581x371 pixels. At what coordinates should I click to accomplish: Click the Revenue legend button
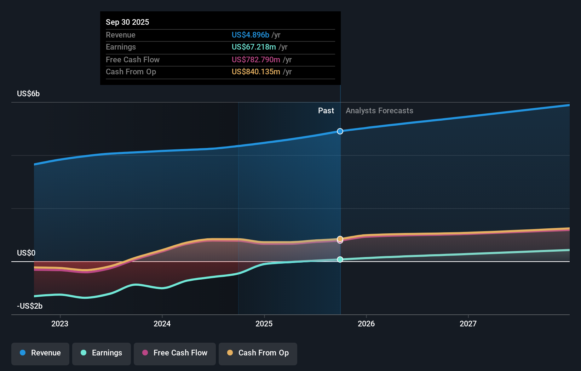pos(40,353)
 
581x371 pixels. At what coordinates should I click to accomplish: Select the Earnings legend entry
pos(102,353)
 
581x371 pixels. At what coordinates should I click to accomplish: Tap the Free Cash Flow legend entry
pos(175,353)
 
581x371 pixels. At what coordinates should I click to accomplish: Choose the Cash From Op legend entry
pos(258,353)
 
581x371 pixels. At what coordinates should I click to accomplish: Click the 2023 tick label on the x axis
pos(60,324)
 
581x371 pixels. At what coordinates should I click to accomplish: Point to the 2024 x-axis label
pos(162,324)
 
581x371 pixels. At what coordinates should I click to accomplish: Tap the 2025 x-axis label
pos(264,324)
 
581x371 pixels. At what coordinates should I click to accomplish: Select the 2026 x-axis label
pos(366,324)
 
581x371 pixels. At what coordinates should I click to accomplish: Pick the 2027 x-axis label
pos(468,324)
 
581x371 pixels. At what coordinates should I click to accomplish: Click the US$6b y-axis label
pos(28,94)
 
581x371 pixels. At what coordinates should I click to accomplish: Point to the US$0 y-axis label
pos(26,253)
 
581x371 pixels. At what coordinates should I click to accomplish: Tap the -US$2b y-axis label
pos(30,306)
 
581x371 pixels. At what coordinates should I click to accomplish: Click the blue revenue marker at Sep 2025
pos(340,131)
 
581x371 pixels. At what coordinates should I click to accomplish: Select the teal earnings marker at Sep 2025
pos(340,259)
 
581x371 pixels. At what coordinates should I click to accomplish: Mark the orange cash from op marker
pos(340,239)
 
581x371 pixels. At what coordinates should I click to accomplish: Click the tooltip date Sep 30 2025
pos(127,22)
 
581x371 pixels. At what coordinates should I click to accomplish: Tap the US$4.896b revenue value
pos(250,35)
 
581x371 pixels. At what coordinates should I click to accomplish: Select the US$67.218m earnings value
pos(254,47)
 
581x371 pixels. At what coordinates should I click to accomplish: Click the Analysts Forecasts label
pos(379,111)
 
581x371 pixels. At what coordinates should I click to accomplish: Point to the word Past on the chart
pos(326,111)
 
